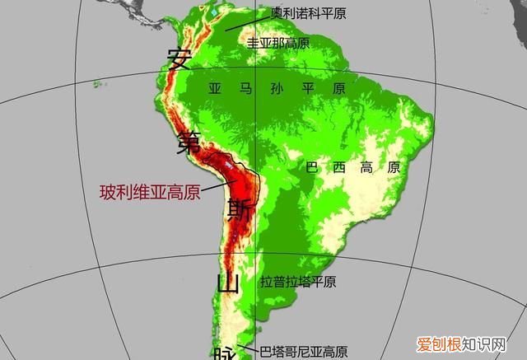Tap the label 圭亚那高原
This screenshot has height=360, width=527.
(278, 42)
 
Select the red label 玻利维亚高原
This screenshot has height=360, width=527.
(150, 193)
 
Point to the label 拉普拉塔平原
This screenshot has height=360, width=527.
(298, 282)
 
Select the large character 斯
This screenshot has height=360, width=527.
(240, 207)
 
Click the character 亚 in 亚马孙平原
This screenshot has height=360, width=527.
(216, 87)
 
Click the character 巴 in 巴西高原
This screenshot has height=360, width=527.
(312, 167)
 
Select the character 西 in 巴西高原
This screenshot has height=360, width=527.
(340, 167)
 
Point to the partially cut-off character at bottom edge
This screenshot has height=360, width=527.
(225, 353)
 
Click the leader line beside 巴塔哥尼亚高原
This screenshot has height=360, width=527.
(244, 348)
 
